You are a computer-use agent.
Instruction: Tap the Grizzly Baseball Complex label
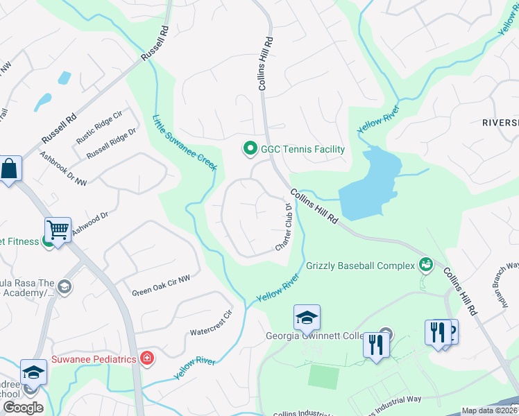click(359, 265)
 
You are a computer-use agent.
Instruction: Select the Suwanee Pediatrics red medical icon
click(146, 358)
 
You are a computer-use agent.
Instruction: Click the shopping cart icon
click(58, 229)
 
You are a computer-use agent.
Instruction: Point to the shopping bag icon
click(10, 168)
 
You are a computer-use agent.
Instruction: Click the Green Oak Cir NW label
click(161, 287)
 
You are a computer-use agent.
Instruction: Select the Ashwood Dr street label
click(90, 225)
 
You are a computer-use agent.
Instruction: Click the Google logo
click(22, 408)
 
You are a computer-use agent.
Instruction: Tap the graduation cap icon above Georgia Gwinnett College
click(307, 318)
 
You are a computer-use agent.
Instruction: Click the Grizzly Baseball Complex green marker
click(425, 264)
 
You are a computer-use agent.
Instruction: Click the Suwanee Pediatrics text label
click(94, 359)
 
